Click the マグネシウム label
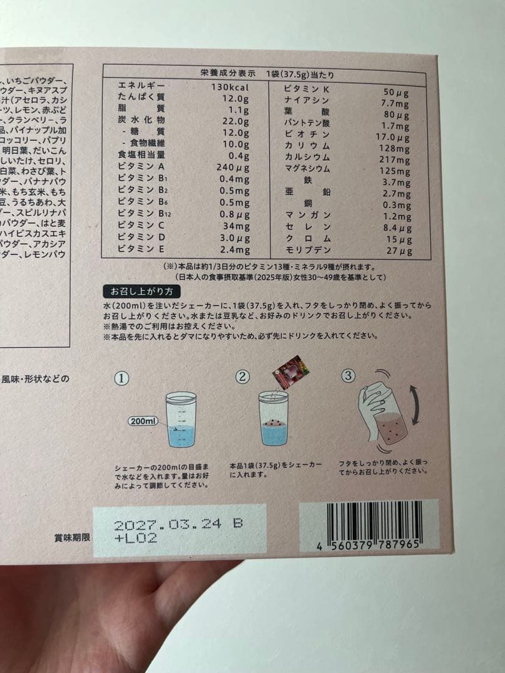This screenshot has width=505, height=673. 307,169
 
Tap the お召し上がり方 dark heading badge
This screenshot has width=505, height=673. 137,291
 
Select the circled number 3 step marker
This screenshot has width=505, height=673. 349,375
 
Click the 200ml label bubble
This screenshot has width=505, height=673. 143,421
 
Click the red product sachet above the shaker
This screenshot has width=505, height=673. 291,372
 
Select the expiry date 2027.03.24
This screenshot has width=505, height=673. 168,524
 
